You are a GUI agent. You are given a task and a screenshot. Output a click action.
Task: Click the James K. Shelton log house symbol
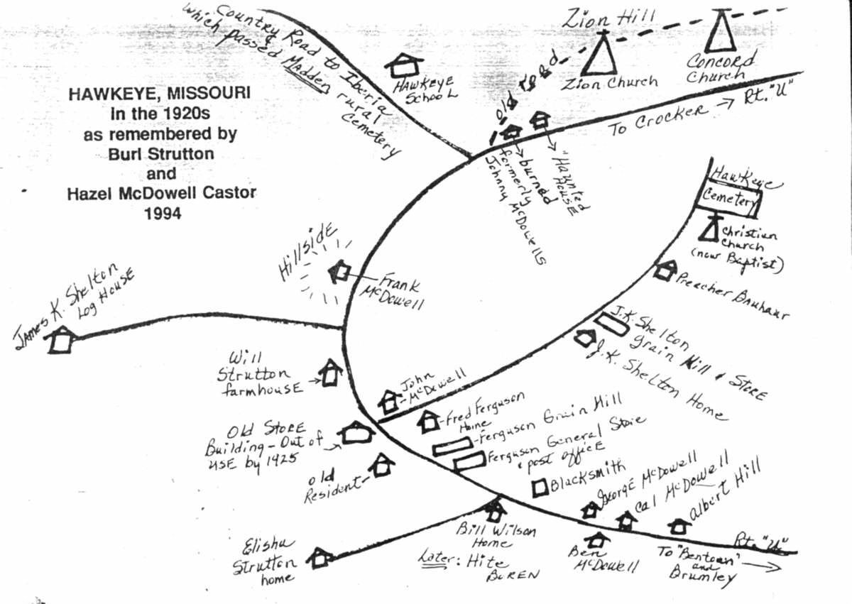coord(60,340)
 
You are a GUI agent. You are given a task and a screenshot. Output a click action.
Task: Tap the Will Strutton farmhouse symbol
coord(330,373)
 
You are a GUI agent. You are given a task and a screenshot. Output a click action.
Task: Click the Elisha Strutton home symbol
coord(321,557)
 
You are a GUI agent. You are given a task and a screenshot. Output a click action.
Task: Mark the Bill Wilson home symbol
coord(494,510)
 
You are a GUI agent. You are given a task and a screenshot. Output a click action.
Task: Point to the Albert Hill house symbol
coord(679,526)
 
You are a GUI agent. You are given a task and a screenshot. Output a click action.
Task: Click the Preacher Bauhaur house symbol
coord(665,270)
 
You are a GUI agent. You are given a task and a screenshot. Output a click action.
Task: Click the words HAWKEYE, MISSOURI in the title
coord(159,94)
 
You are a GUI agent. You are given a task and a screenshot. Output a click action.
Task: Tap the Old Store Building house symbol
coord(356,433)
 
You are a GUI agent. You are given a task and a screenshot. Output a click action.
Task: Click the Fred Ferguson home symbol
coord(428,422)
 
